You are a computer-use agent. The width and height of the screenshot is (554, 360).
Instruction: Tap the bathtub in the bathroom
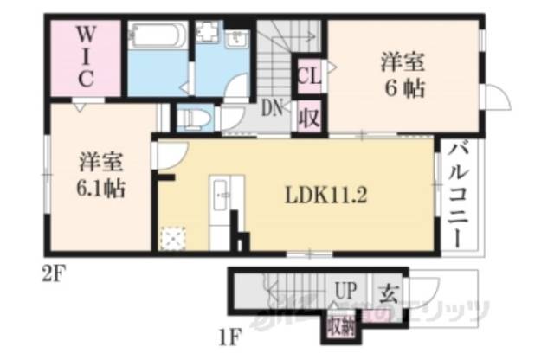coord(157,37)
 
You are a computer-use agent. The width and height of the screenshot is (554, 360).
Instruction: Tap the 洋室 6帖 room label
coord(401,75)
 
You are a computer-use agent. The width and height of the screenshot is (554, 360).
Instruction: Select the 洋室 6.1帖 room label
coord(100,175)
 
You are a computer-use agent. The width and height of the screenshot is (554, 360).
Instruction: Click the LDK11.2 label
coord(328,196)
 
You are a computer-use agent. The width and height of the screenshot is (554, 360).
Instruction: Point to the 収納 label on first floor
coord(341,326)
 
